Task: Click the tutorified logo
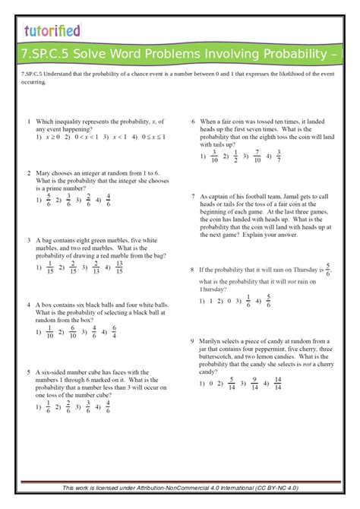point(52,31)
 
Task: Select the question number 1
point(29,121)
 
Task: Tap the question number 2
point(29,172)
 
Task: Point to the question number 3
point(29,239)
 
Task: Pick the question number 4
point(29,305)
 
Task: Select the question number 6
point(193,121)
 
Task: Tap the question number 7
point(193,195)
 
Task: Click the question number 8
point(193,270)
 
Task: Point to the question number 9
point(193,341)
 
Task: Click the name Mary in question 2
point(43,172)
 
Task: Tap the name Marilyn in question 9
point(212,341)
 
